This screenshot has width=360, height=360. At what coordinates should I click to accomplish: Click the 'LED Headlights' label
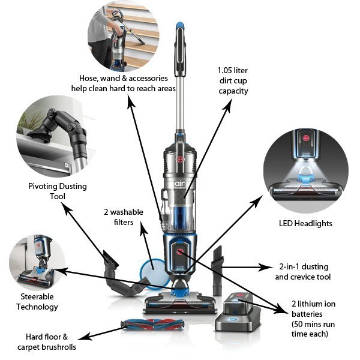(x=305, y=223)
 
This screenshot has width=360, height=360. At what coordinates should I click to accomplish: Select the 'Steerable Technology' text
(x=38, y=302)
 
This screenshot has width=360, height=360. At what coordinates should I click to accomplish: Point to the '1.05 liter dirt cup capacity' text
(x=233, y=81)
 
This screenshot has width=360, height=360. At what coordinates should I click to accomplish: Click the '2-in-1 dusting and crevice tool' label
(x=302, y=272)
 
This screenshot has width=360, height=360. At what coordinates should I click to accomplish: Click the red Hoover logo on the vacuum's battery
(x=179, y=253)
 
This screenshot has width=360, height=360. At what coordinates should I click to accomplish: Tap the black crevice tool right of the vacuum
(x=217, y=259)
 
